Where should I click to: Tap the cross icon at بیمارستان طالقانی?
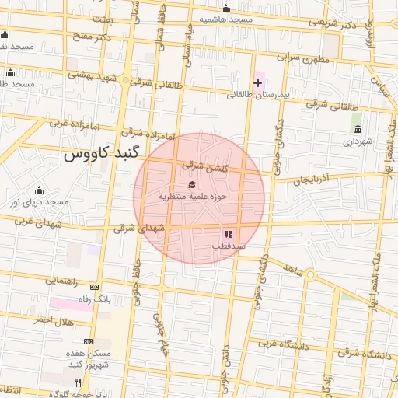257,82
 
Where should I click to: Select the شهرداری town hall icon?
357,129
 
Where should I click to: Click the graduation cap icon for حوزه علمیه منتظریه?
192,184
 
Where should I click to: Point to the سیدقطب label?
229,246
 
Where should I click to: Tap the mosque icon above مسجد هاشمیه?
225,9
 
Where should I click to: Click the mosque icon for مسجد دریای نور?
40,190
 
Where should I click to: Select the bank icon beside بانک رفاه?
95,287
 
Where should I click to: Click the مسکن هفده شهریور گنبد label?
89,358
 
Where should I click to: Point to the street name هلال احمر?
53,320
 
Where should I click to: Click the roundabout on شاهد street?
309,274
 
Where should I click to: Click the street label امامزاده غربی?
72,122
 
